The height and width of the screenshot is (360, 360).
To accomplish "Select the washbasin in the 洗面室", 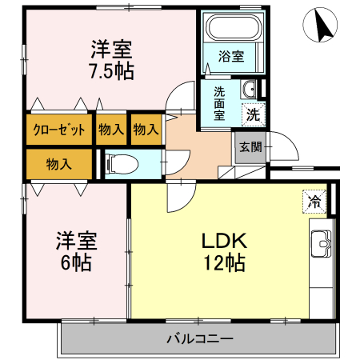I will click(250, 88).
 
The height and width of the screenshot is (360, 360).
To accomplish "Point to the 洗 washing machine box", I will click(253, 114).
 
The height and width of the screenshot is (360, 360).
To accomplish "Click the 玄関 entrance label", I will click(247, 146).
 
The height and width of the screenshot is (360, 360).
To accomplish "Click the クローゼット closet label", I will click(59, 130).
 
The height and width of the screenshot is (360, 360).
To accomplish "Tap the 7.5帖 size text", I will click(111, 71).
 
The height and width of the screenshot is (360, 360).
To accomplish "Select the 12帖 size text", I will click(223, 262).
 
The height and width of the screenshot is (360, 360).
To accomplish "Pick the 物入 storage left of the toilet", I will click(58, 164).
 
